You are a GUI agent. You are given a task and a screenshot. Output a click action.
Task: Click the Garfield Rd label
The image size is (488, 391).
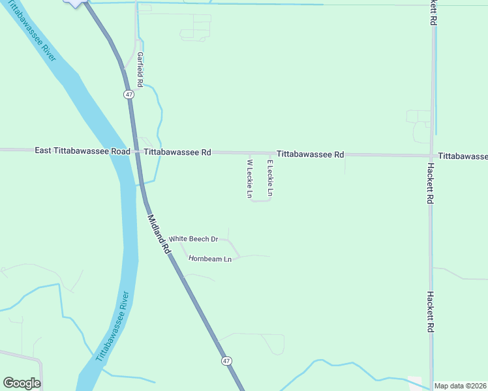point(140,70)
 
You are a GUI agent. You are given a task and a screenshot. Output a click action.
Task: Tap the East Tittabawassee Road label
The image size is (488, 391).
point(82,151)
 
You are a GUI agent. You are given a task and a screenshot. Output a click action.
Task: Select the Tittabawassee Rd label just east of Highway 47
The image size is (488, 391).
point(177,152)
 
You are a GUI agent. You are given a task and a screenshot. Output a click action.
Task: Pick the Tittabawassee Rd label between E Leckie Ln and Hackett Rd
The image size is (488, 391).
point(310,154)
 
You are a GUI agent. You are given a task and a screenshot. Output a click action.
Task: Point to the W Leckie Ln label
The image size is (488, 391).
point(249,179)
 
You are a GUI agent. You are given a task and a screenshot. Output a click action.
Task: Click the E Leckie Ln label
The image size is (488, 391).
point(269,178)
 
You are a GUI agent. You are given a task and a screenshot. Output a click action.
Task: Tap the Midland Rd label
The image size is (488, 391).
point(159,235)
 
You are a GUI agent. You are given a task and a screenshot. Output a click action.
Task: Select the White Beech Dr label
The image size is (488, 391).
point(194,239)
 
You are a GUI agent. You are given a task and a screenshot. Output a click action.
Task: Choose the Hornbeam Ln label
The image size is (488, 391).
point(210,259)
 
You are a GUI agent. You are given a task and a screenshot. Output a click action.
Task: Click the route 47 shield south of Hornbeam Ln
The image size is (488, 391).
point(226,360)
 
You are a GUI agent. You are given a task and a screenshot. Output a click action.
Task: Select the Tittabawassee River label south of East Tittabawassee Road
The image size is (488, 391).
point(113,326)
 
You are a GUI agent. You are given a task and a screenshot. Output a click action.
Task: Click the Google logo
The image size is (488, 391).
point(22,383)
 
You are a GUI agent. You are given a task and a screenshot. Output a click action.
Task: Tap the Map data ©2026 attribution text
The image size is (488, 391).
point(461,386)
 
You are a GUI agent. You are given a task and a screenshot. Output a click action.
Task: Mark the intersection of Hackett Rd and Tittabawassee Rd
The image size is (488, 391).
point(431,156)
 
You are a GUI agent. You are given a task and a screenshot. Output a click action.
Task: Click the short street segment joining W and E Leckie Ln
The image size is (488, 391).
point(260,201)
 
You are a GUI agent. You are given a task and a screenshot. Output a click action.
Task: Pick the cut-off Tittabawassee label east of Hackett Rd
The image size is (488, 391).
point(463,156)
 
